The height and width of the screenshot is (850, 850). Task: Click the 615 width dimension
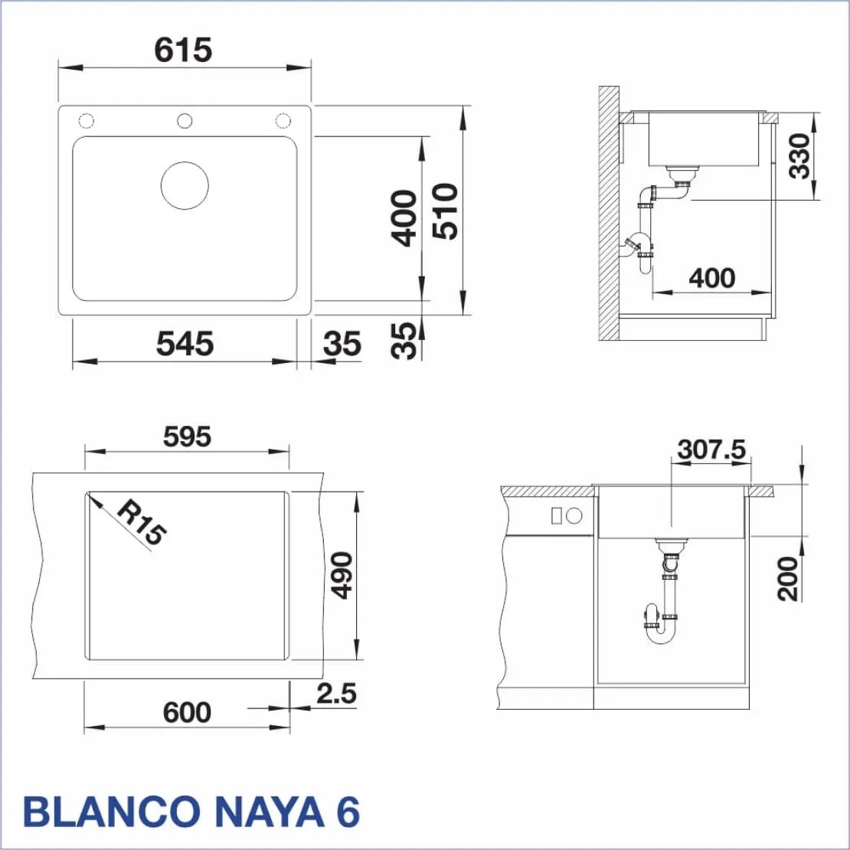click(183, 51)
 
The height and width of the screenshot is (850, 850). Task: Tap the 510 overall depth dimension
click(445, 211)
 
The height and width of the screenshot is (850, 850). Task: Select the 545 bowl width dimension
click(185, 344)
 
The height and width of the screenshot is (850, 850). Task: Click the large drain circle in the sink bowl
click(185, 185)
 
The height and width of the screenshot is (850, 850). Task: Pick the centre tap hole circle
click(185, 120)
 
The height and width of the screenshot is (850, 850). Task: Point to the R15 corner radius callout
click(141, 522)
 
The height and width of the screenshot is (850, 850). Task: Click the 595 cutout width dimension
click(187, 437)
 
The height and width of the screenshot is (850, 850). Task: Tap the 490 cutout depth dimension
click(342, 575)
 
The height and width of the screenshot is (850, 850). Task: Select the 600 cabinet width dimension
click(187, 712)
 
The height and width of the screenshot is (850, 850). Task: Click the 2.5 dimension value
click(337, 693)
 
